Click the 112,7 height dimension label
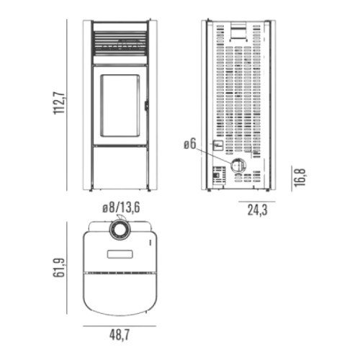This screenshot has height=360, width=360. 59,103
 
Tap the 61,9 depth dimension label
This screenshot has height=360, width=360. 59,268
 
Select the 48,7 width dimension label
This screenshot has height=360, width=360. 120,335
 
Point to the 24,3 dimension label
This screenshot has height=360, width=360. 257,210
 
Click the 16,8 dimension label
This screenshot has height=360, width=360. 300,178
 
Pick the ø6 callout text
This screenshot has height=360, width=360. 190,144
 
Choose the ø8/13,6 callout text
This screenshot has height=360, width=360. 121,207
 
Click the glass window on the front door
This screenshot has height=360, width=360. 120,106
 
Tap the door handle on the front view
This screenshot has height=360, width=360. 146,106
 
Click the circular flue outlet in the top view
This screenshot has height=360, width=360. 120,230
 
